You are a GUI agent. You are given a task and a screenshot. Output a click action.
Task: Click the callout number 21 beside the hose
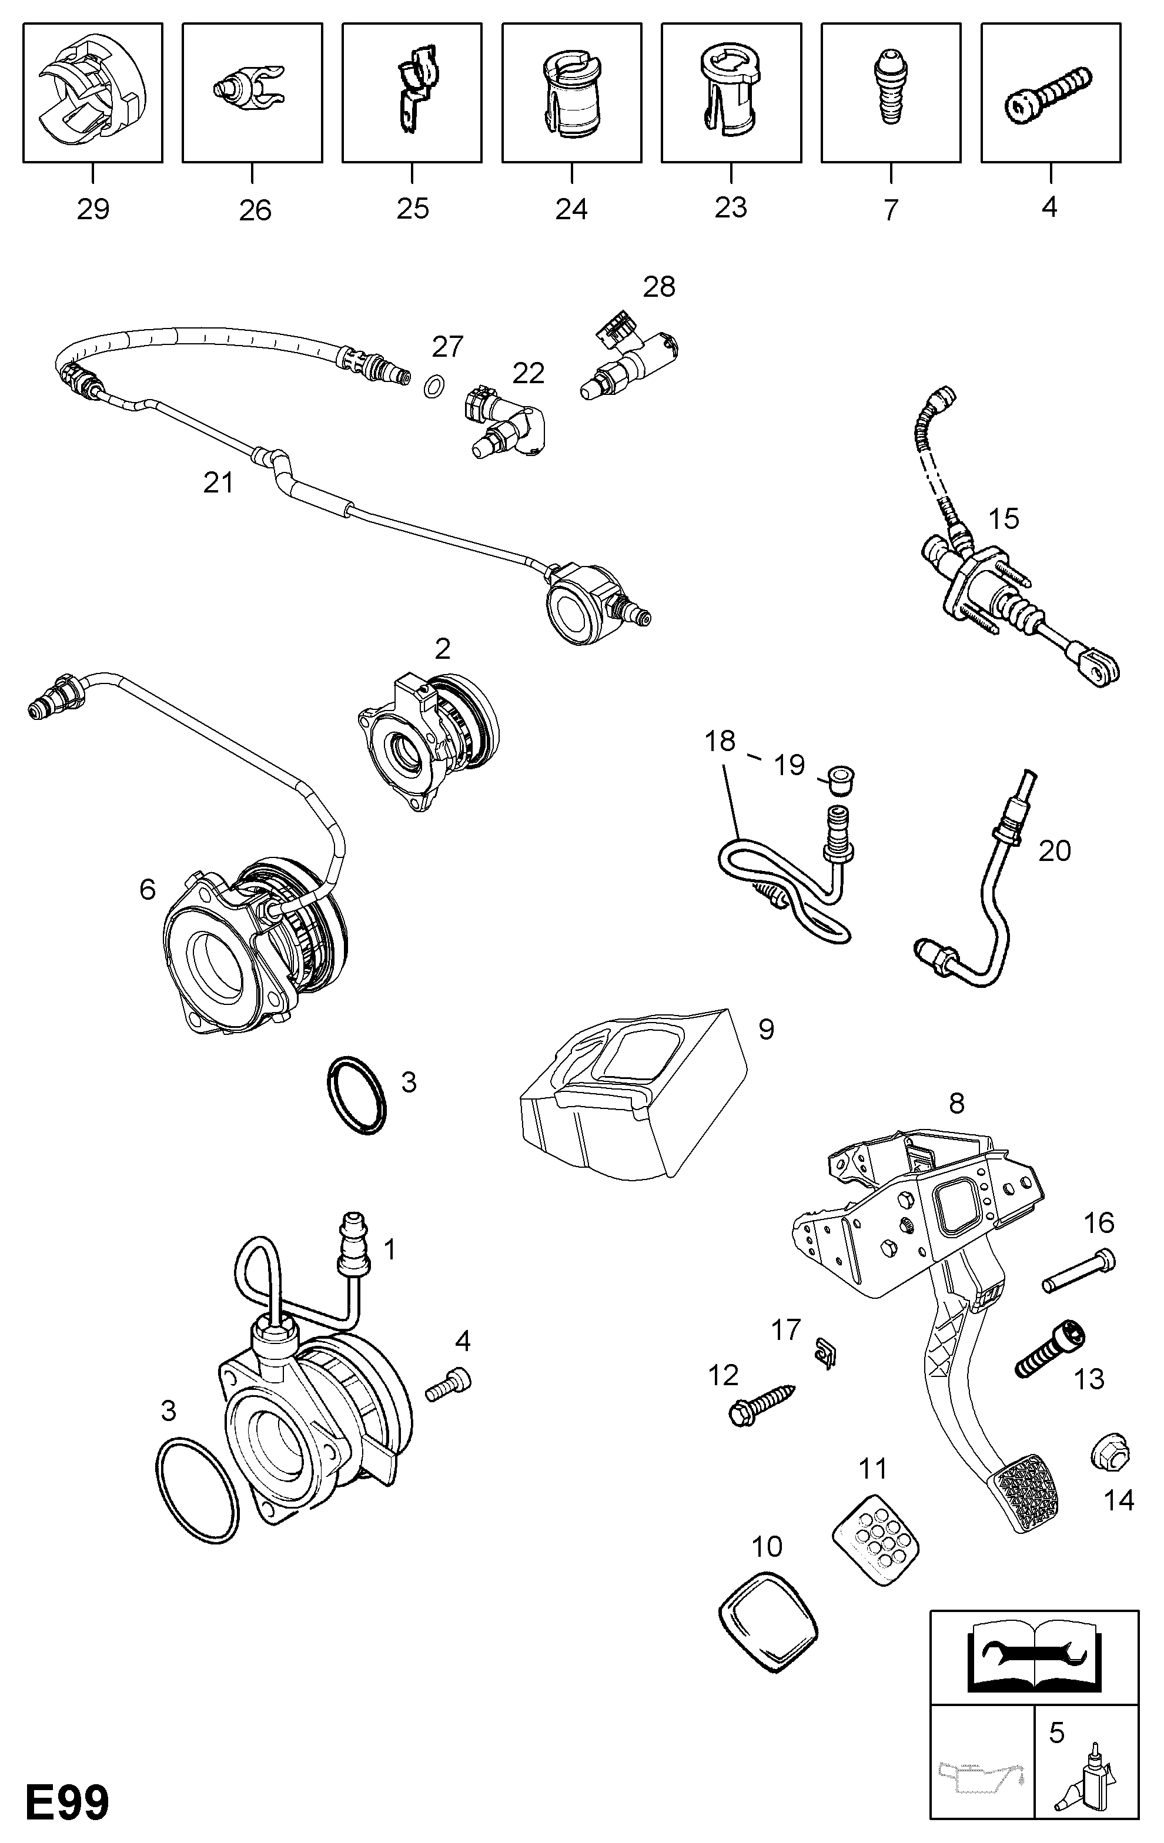[218, 483]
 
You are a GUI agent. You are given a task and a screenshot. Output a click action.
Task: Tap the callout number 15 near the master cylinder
[1003, 519]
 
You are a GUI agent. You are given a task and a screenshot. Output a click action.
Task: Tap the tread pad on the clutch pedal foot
[1026, 1493]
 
